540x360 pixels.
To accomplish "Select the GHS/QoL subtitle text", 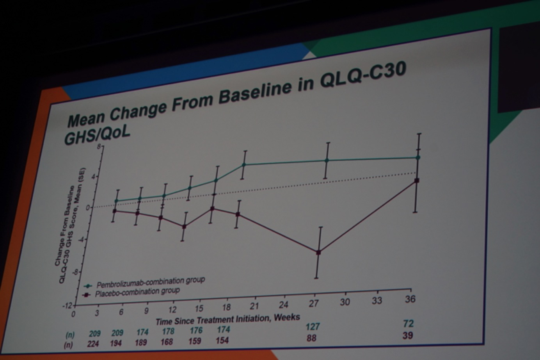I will coord(97,135).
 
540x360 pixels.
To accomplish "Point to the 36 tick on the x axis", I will coord(410,299).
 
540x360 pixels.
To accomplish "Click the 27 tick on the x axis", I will coord(314,303).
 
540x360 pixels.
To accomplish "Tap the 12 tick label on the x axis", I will coord(172,310).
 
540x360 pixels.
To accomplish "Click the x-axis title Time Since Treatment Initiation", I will coord(228,319).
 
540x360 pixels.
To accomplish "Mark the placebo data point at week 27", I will coord(318,253).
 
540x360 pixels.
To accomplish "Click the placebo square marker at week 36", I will coord(417,180).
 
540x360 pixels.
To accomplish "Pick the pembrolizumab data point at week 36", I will coord(418,158).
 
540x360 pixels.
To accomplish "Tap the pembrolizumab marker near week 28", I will coord(327,160).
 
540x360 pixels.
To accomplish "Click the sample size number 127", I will coord(313,326).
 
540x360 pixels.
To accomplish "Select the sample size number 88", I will coord(311,338).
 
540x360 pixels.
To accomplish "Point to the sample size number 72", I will coord(409,324).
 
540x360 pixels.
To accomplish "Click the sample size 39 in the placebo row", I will coord(407,335).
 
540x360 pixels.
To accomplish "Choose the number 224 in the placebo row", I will coord(93,344).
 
